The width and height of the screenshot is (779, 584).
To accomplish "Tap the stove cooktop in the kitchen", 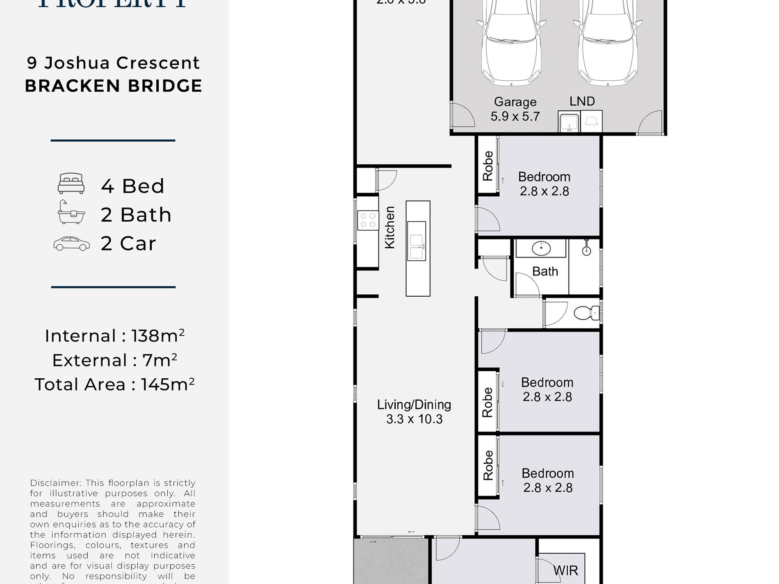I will [x=368, y=220].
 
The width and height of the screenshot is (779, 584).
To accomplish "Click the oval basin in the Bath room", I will [x=541, y=248].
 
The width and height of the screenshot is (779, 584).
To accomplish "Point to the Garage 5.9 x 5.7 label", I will [x=515, y=109].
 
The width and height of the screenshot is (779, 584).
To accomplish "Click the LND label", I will [x=582, y=101].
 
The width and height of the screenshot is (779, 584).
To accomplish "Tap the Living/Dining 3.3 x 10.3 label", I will [x=414, y=411].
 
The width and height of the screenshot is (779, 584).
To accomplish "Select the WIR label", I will [x=565, y=570].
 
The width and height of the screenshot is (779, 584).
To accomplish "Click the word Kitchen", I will [x=389, y=227].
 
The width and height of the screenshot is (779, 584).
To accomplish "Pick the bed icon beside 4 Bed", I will [x=71, y=184].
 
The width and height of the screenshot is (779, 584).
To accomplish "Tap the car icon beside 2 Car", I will [x=71, y=243].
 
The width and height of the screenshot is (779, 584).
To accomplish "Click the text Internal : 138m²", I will [x=114, y=336].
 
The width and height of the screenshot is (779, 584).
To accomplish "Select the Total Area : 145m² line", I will [x=114, y=385].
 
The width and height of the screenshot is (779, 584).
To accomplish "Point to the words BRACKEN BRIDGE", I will [x=114, y=86].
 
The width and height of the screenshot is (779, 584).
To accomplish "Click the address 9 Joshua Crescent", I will [x=114, y=63].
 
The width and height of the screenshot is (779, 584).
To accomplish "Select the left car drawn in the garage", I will [x=511, y=43].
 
